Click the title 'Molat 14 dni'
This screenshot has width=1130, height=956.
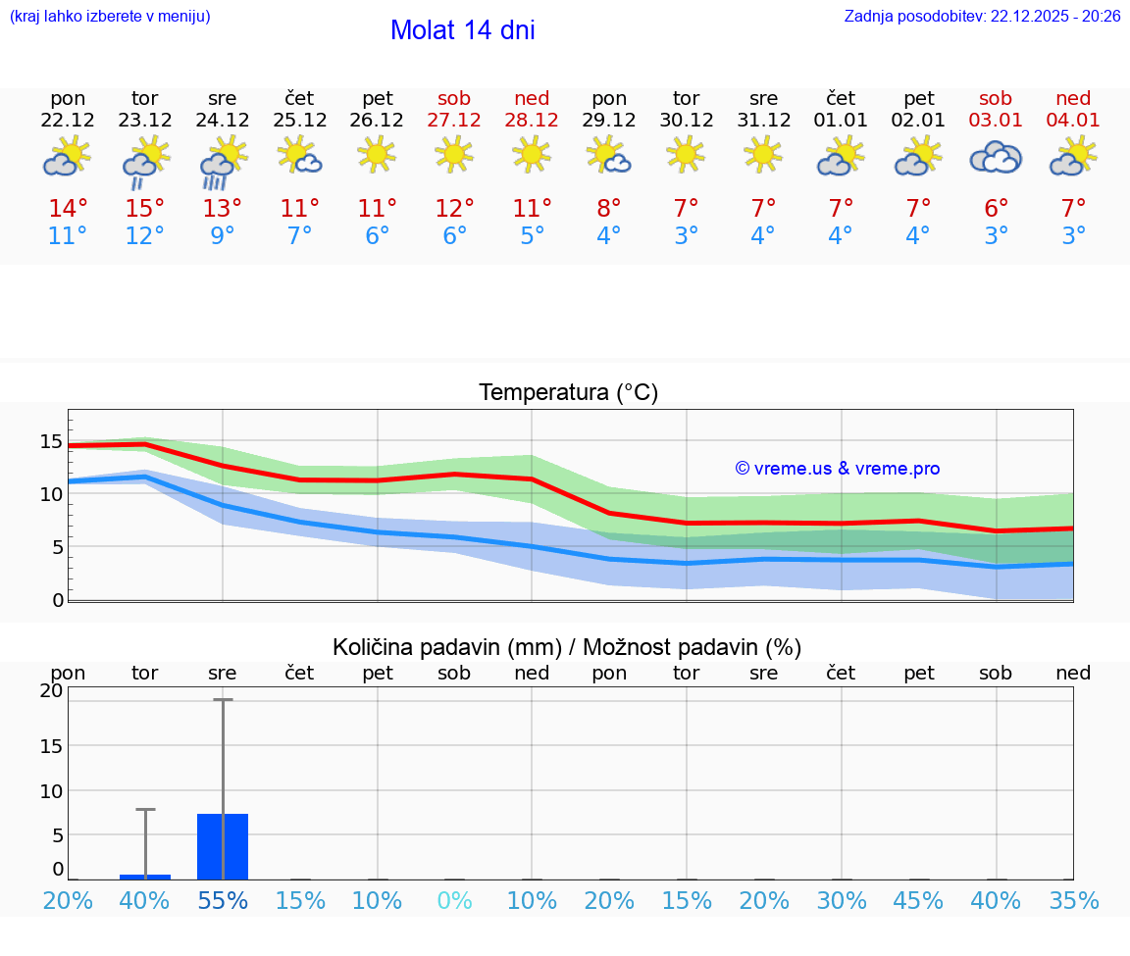pyautogui.click(x=462, y=30)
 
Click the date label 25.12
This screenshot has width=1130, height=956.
pyautogui.click(x=299, y=121)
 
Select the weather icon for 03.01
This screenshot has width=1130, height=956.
pyautogui.click(x=996, y=158)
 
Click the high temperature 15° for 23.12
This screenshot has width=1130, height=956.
pyautogui.click(x=145, y=209)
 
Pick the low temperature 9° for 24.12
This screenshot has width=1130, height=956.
pyautogui.click(x=223, y=236)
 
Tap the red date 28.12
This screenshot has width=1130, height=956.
pyautogui.click(x=532, y=121)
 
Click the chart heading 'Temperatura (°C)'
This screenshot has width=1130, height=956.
pyautogui.click(x=568, y=393)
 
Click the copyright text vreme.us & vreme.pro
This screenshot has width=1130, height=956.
pyautogui.click(x=838, y=469)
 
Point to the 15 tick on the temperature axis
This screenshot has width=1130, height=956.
pyautogui.click(x=51, y=441)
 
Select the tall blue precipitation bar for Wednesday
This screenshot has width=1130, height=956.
pyautogui.click(x=223, y=846)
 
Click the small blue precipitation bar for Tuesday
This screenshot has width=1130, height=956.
pyautogui.click(x=145, y=877)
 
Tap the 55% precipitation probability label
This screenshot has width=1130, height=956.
pyautogui.click(x=223, y=900)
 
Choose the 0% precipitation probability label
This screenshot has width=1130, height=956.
pyautogui.click(x=454, y=900)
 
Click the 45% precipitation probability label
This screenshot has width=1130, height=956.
pyautogui.click(x=918, y=900)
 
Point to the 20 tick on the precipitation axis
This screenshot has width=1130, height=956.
pyautogui.click(x=51, y=690)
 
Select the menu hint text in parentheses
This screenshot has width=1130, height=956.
pyautogui.click(x=110, y=17)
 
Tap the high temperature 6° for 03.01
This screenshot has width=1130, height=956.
pyautogui.click(x=996, y=209)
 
